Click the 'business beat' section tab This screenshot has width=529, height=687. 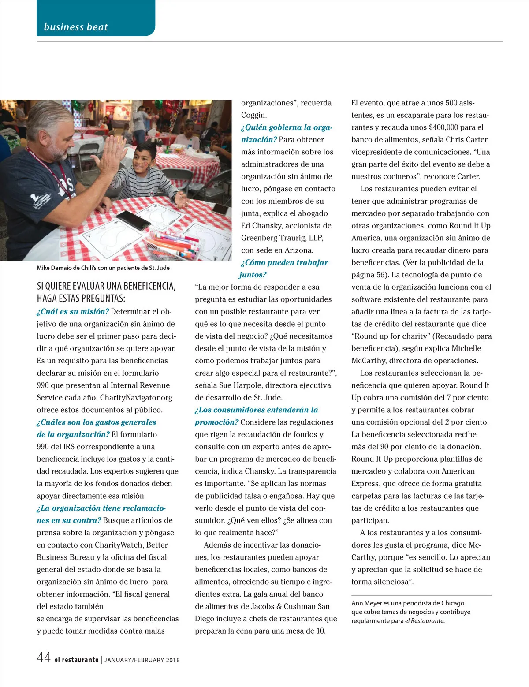coord(76,27)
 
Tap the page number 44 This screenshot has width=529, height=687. coord(44,657)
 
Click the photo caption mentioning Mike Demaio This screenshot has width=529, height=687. coord(103,268)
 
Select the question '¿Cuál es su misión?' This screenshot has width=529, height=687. coord(73,311)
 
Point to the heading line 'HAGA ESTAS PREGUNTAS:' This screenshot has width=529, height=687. coord(81,298)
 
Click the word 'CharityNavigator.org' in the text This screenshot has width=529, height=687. coord(136,397)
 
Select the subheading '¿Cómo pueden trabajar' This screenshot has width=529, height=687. coord(285,262)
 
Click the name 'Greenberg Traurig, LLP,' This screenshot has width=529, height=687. coord(282,238)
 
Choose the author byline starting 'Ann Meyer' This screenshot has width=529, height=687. coord(408,603)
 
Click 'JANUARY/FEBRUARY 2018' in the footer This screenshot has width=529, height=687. coord(142,660)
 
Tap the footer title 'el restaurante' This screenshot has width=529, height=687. coord(76,660)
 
